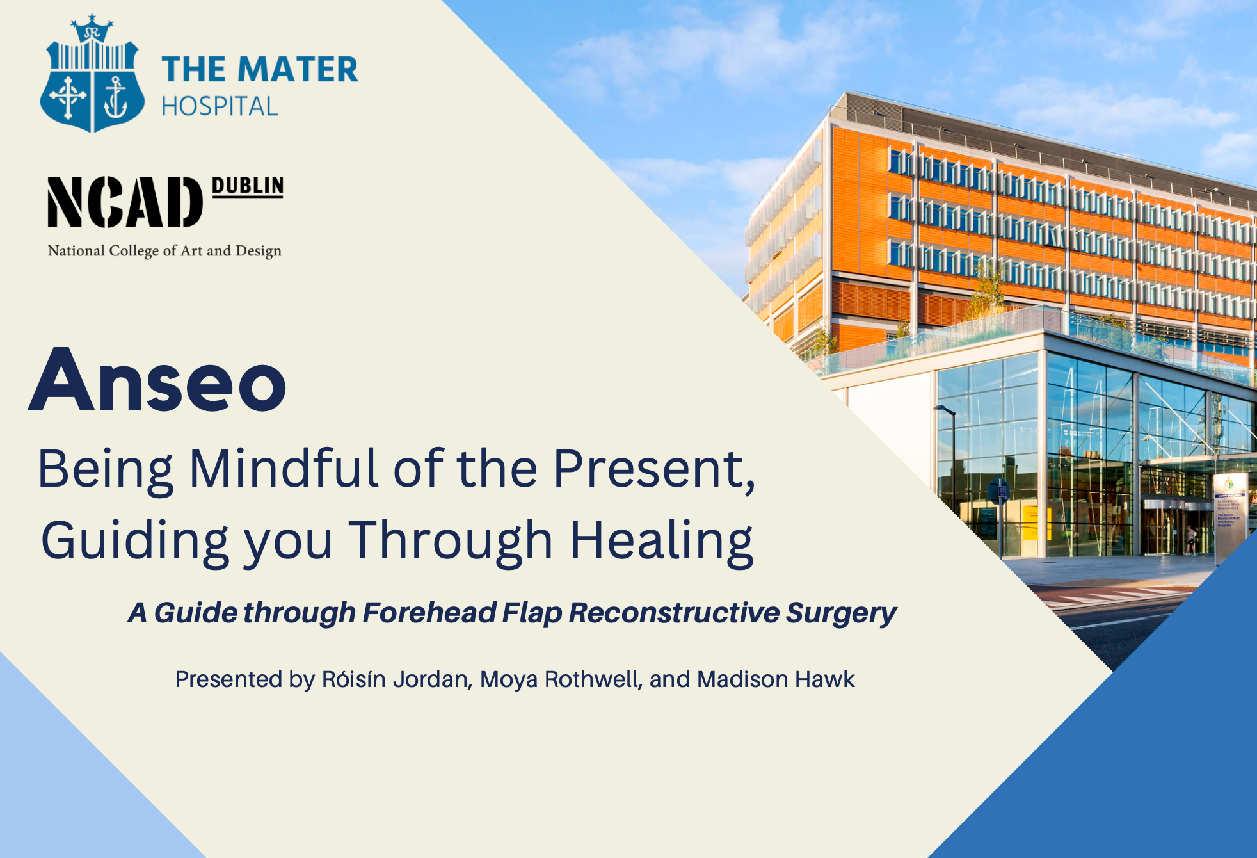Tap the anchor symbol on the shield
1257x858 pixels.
point(115,97)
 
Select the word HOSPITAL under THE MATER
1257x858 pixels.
point(220,106)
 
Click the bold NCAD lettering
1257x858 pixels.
point(125,202)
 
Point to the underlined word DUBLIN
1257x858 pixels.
point(248,186)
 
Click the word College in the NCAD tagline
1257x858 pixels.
point(134,251)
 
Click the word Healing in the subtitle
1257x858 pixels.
point(662,542)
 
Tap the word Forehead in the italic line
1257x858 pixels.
point(429,613)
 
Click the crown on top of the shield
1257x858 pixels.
point(92,29)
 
